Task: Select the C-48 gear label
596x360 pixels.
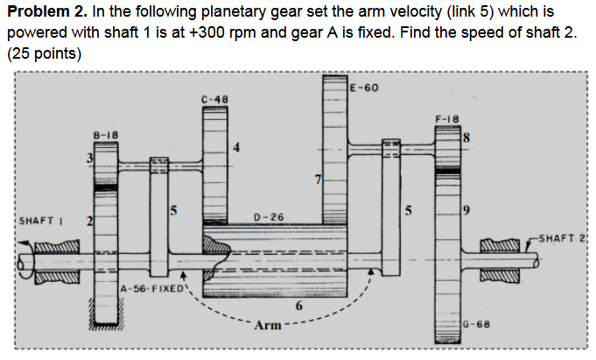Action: [x=214, y=99]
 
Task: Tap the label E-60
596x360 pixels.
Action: [x=363, y=88]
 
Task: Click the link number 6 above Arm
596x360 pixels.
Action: [x=298, y=306]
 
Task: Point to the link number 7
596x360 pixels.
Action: [x=319, y=180]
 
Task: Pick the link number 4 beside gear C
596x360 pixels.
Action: [x=235, y=146]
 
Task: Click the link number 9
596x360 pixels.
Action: [x=466, y=210]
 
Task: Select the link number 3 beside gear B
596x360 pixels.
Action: [x=88, y=158]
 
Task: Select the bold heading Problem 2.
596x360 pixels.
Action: [x=43, y=10]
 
